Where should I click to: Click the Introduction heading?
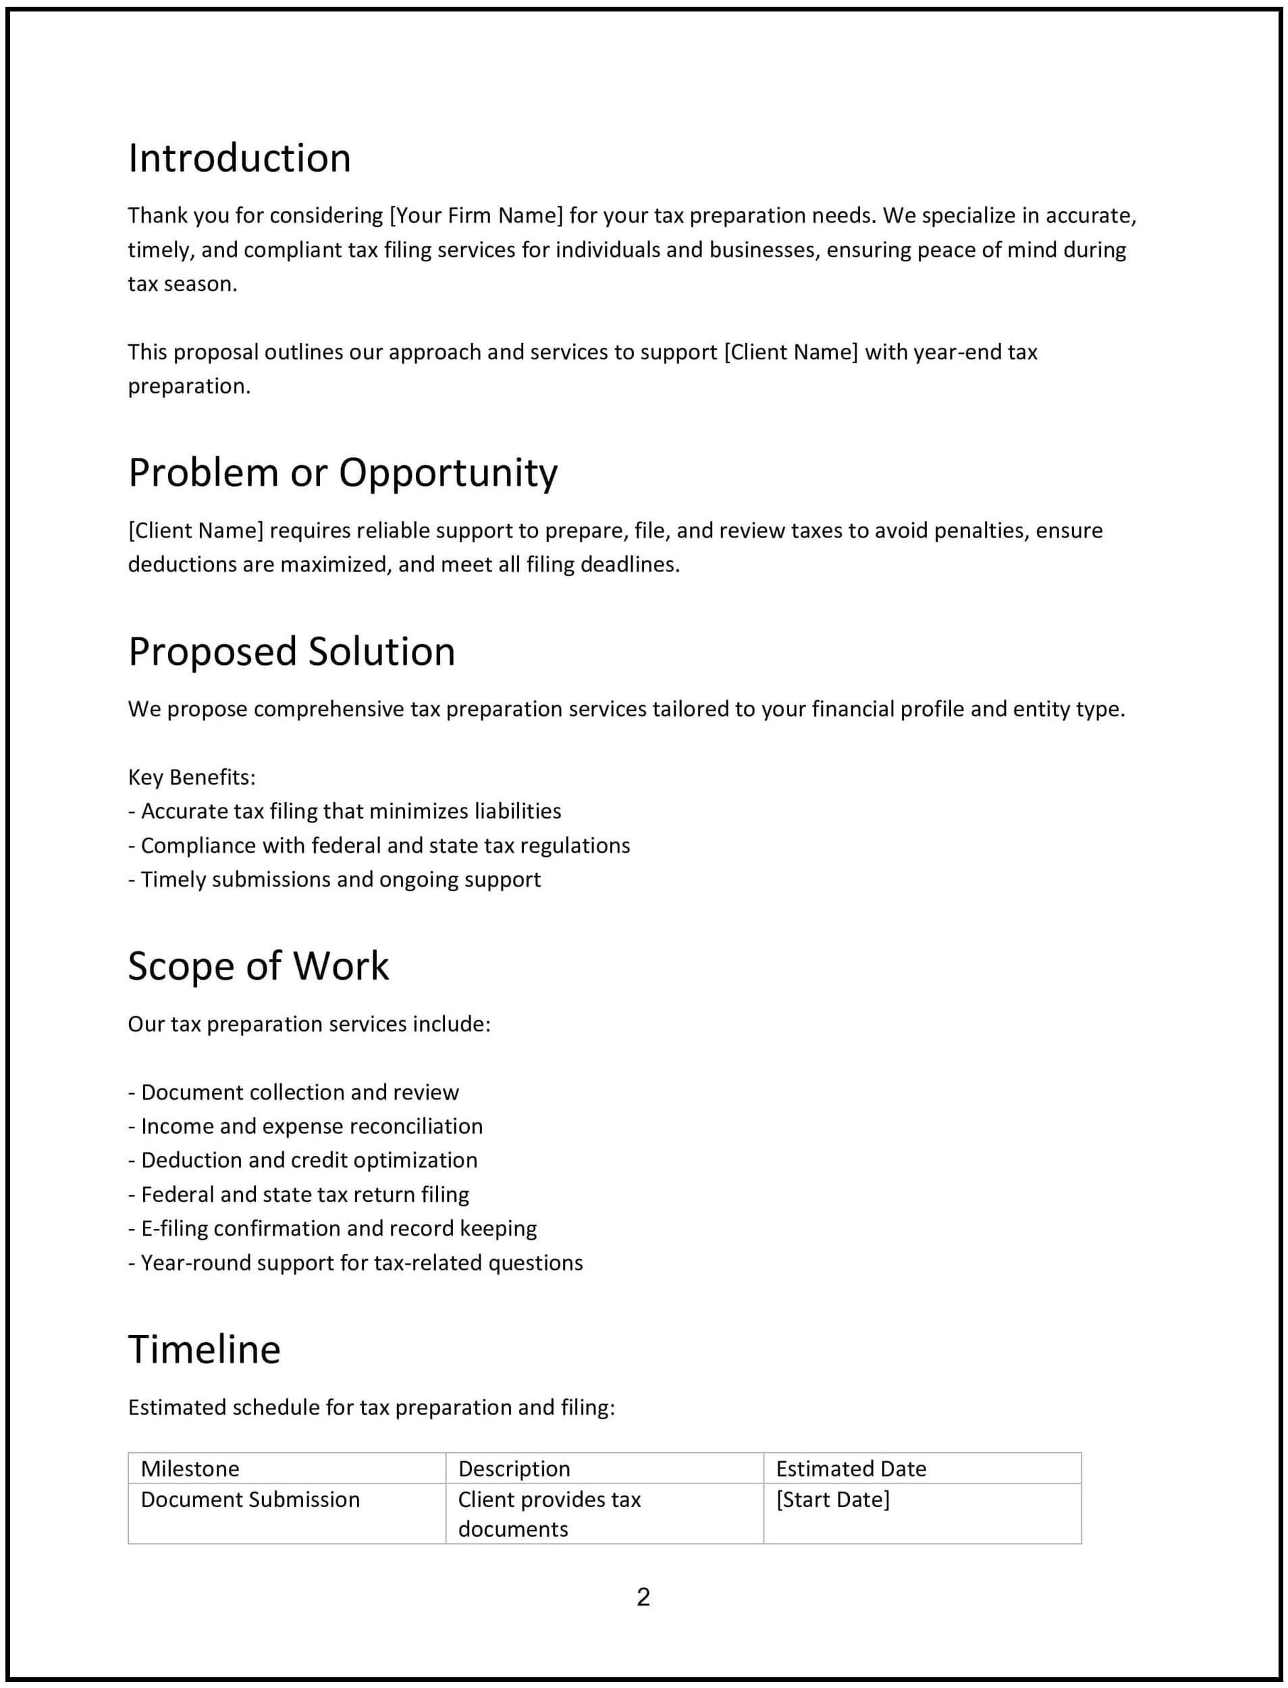[239, 159]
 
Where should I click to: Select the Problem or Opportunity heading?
[343, 473]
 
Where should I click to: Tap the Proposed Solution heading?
[292, 652]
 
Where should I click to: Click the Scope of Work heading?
[259, 966]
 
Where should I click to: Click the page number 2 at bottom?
[643, 1596]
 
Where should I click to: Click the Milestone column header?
[190, 1468]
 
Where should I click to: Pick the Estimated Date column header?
[851, 1468]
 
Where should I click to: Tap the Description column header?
[514, 1468]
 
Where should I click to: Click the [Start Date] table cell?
[832, 1500]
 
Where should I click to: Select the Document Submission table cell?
[250, 1500]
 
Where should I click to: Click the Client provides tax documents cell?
[549, 1514]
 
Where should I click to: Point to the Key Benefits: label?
[192, 777]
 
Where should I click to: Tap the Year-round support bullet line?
[356, 1263]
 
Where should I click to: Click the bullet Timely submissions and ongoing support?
[335, 879]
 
